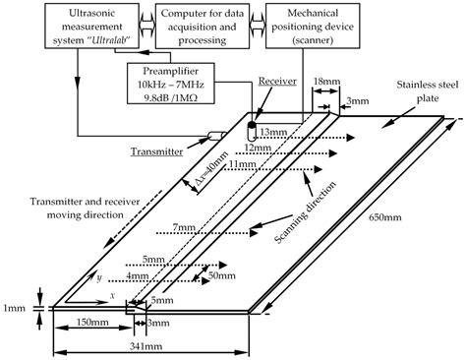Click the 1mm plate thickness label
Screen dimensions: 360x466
point(14,308)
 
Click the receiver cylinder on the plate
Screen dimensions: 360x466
point(252,132)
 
